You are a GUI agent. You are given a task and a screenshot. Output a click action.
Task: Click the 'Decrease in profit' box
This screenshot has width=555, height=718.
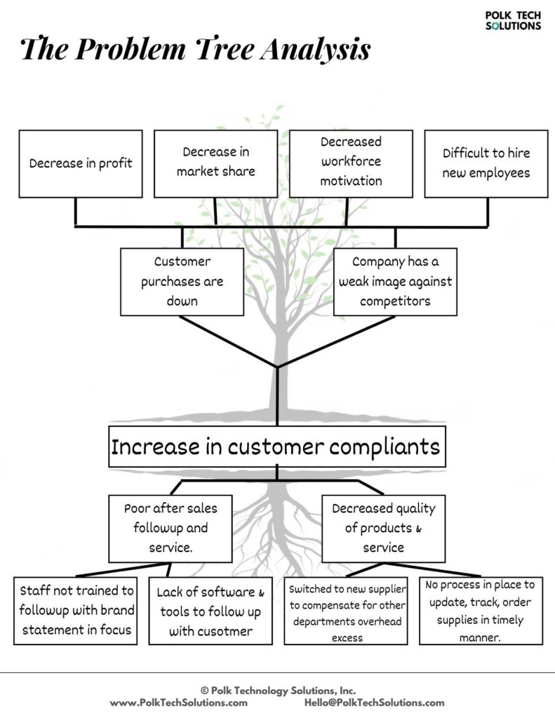pyautogui.click(x=81, y=164)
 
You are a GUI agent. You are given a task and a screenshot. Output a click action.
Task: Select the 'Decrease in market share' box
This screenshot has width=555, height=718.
pyautogui.click(x=216, y=164)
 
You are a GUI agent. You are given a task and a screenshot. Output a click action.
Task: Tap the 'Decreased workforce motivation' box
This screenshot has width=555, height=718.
pyautogui.click(x=351, y=164)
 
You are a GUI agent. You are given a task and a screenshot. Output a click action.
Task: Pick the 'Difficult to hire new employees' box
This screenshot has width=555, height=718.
pyautogui.click(x=486, y=164)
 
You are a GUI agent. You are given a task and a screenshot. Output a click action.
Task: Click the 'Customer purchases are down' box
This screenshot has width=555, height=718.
pyautogui.click(x=182, y=282)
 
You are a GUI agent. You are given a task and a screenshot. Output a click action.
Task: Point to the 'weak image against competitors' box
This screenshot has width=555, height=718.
pyautogui.click(x=395, y=282)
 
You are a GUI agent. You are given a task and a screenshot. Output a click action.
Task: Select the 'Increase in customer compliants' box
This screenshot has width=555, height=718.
pyautogui.click(x=277, y=447)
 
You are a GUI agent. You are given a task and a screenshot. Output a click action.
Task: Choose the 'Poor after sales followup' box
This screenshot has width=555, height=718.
pyautogui.click(x=170, y=529)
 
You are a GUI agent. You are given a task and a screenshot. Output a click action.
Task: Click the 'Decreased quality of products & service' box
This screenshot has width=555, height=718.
pyautogui.click(x=384, y=529)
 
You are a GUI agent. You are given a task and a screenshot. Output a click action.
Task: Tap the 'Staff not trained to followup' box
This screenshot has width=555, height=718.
pyautogui.click(x=76, y=611)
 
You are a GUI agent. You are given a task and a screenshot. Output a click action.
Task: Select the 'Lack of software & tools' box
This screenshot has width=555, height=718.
pyautogui.click(x=210, y=611)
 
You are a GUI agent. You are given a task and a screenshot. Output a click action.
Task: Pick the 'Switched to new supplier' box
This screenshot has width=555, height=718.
pyautogui.click(x=346, y=611)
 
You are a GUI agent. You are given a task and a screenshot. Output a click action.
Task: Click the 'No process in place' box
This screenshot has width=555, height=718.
pyautogui.click(x=481, y=611)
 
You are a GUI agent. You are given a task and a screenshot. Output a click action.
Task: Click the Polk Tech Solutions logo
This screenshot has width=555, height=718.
pyautogui.click(x=514, y=21)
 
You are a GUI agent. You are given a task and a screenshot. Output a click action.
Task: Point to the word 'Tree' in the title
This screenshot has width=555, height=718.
pyautogui.click(x=225, y=48)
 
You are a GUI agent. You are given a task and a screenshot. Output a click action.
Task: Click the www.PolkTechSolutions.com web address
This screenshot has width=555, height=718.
pyautogui.click(x=179, y=703)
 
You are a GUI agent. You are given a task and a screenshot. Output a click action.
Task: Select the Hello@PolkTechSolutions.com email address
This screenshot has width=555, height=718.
pyautogui.click(x=375, y=703)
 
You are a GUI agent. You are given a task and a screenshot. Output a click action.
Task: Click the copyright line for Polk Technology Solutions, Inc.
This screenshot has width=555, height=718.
pyautogui.click(x=278, y=691)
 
